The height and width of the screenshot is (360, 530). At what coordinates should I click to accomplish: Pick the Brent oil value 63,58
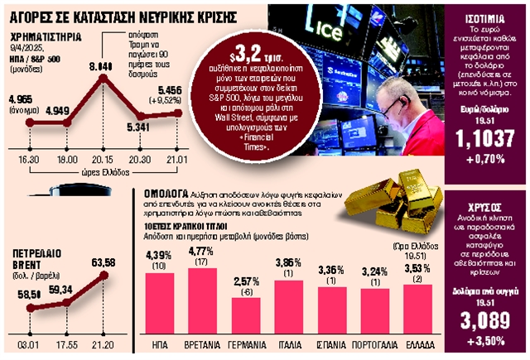coord(104,262)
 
